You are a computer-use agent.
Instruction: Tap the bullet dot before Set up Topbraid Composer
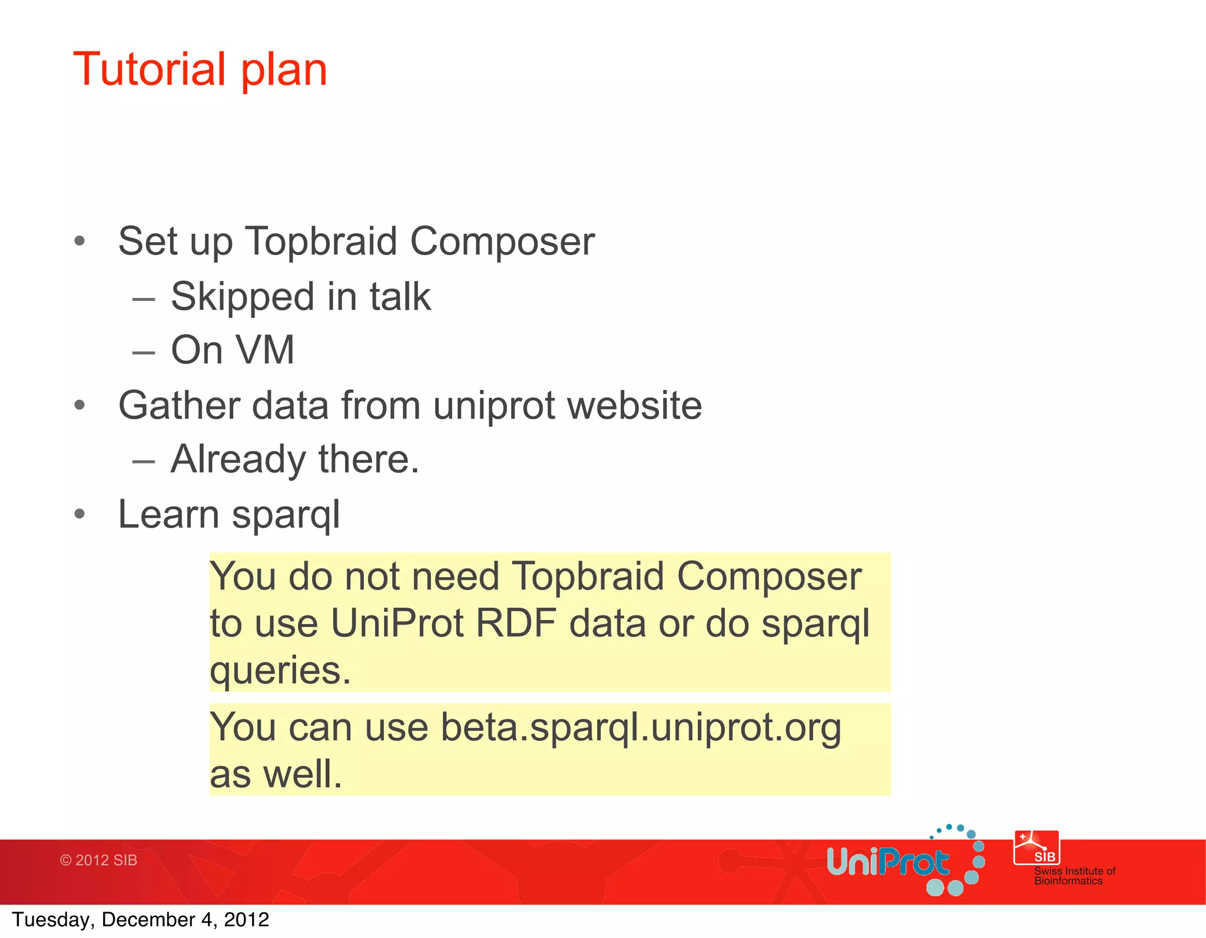(x=79, y=241)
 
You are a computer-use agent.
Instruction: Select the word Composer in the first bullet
(x=502, y=242)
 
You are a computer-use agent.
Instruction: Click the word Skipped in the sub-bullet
(x=242, y=297)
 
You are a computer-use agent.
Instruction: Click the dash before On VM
(x=144, y=353)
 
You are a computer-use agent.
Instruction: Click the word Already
(x=238, y=459)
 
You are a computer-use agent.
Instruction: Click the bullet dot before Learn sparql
(x=79, y=514)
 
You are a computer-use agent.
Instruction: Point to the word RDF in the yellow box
(x=516, y=623)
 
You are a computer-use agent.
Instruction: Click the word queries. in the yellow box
(x=280, y=671)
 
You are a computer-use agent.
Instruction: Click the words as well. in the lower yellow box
(x=276, y=774)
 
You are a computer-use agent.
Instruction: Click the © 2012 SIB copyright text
(x=98, y=860)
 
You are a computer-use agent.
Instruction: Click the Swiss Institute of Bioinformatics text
(x=1074, y=876)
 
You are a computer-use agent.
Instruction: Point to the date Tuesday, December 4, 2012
(x=140, y=920)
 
